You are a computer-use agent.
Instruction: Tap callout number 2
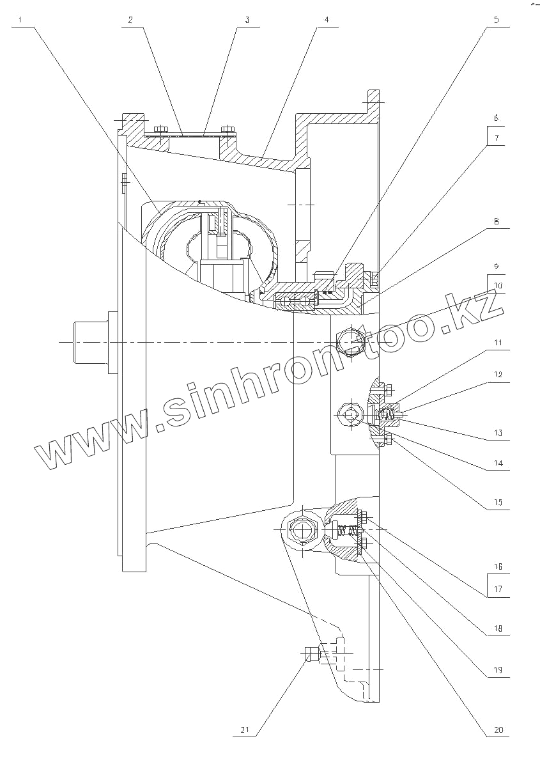click(130, 20)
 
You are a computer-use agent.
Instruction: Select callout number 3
click(247, 20)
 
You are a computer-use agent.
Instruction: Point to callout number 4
click(326, 20)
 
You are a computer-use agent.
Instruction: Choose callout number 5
click(497, 20)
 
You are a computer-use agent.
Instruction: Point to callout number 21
click(245, 730)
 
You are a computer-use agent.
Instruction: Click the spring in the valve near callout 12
click(386, 416)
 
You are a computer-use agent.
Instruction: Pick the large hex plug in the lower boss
click(302, 529)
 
